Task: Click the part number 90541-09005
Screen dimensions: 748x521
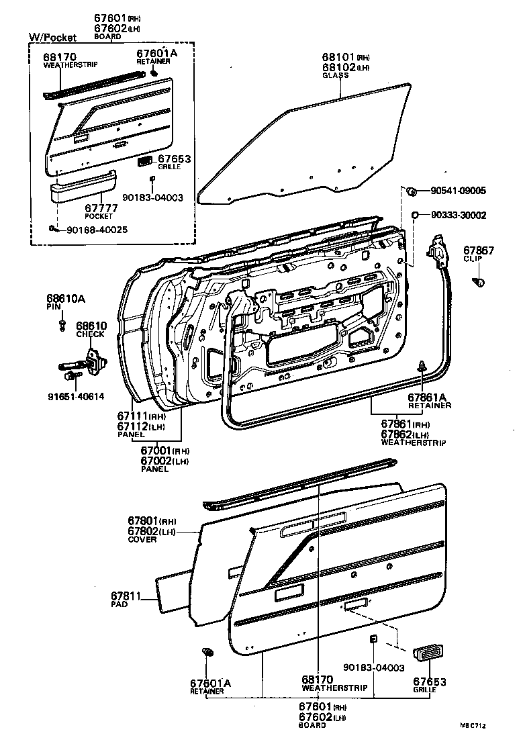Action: click(x=458, y=191)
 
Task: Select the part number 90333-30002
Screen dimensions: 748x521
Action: click(x=458, y=215)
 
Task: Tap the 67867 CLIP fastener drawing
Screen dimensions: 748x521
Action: click(x=479, y=280)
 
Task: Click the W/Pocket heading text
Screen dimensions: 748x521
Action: click(x=52, y=38)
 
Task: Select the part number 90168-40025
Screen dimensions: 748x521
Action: click(x=97, y=230)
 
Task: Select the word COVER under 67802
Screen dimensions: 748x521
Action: click(x=142, y=540)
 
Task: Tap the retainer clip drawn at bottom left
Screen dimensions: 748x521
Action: click(x=207, y=653)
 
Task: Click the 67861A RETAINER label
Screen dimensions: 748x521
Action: click(x=429, y=401)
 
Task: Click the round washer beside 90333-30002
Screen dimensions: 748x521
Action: click(x=416, y=214)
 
